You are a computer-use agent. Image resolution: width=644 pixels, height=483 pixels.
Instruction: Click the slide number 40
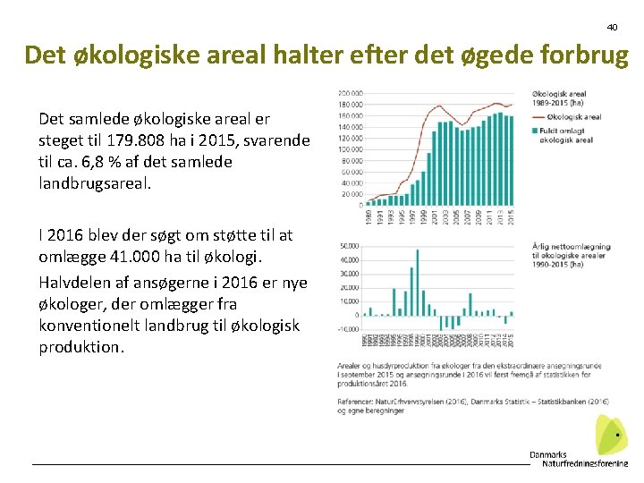click(x=612, y=27)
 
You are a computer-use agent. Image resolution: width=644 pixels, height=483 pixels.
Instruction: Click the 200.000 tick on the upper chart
click(x=350, y=93)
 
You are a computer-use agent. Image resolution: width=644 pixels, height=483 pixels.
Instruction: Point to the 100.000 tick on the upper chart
click(x=350, y=148)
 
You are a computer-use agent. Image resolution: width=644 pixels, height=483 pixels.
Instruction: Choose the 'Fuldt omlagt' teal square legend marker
click(x=536, y=131)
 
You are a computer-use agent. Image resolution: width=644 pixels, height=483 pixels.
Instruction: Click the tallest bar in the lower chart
click(x=415, y=277)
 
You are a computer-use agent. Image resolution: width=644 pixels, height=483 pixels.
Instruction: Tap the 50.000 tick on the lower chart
click(x=348, y=246)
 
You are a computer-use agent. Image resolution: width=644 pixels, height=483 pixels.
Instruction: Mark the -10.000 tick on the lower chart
click(x=347, y=329)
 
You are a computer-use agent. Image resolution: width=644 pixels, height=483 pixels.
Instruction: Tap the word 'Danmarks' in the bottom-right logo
click(x=548, y=454)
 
